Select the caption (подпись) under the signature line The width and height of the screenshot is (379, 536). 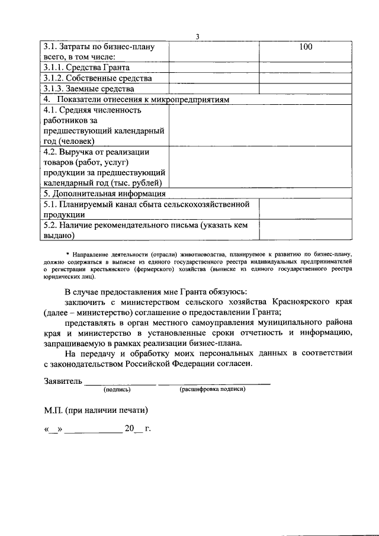(x=117, y=390)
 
